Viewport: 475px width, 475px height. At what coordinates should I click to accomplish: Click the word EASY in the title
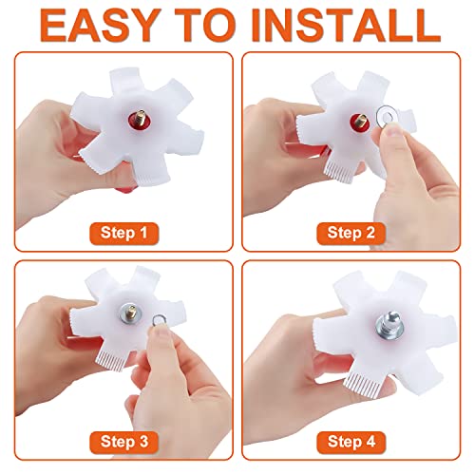99,26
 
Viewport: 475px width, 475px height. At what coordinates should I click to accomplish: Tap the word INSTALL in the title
346,26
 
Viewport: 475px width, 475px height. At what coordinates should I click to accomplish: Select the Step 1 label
124,233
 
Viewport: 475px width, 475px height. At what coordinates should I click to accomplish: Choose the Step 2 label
351,233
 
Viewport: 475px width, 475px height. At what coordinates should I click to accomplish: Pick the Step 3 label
124,442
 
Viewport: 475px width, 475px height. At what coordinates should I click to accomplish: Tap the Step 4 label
351,442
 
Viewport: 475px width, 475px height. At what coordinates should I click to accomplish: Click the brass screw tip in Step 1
141,116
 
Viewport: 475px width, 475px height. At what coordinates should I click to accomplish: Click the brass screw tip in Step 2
360,122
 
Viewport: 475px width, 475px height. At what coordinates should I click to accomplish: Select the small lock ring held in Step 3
158,320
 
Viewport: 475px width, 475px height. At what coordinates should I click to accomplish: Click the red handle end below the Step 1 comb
125,190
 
